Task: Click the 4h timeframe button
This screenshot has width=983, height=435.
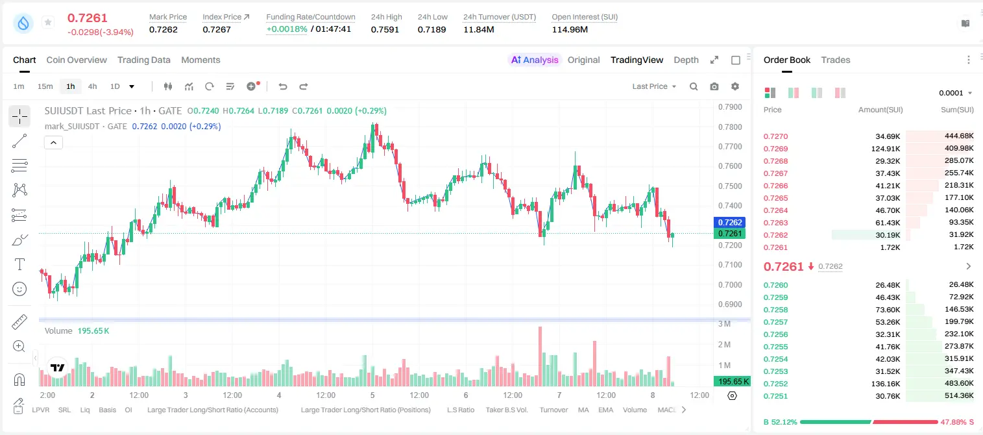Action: coord(92,86)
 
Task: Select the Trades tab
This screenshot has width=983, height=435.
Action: coord(836,60)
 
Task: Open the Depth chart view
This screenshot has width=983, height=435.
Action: coord(686,60)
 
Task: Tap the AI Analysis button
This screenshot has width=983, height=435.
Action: coord(535,60)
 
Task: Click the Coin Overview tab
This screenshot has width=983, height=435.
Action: coord(77,60)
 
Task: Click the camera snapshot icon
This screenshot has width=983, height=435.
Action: coord(714,86)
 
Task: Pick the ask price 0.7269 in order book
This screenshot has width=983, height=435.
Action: coord(775,149)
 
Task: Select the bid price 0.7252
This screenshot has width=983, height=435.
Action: coord(775,384)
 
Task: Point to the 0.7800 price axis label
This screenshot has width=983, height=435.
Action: coord(730,127)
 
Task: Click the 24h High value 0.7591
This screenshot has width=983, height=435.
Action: coord(385,29)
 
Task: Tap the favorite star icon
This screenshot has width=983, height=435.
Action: coord(48,22)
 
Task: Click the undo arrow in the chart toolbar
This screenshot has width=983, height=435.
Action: coord(283,86)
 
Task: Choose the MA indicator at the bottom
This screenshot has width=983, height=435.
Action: coord(583,410)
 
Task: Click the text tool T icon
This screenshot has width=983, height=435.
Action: coord(19,264)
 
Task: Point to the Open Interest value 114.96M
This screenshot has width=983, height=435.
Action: coord(570,29)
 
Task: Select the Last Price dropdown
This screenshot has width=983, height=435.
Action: coord(654,86)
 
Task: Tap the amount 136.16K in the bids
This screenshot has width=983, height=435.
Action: coord(886,384)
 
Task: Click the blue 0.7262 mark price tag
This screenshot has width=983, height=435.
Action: coord(729,223)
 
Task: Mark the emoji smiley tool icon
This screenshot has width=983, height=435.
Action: coord(19,289)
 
